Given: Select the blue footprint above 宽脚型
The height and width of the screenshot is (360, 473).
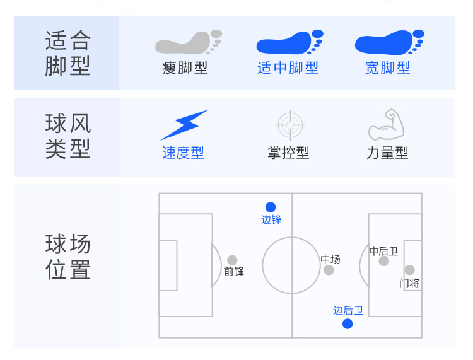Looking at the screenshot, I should tap(388, 43).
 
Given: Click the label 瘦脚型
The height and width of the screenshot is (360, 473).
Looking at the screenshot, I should tap(185, 67).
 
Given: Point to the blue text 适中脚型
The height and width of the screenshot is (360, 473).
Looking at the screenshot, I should tap(288, 67).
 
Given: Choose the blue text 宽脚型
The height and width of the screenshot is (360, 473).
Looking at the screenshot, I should tap(387, 67).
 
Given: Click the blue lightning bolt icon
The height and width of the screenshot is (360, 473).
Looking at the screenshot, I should tap(184, 125).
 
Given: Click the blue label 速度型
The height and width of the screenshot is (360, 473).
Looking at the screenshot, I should tap(183, 153).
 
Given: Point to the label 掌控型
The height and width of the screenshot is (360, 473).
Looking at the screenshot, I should tap(288, 153).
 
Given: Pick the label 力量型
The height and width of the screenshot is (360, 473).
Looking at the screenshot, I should tap(387, 153).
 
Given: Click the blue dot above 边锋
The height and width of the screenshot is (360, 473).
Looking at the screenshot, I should tap(271, 207).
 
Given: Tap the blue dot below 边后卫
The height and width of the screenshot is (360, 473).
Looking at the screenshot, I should tap(347, 324).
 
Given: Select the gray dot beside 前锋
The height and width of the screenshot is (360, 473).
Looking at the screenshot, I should tap(232, 260).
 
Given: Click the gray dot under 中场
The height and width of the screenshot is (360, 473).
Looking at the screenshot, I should tap(329, 270).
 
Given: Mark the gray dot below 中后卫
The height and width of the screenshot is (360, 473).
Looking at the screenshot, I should tap(383, 261).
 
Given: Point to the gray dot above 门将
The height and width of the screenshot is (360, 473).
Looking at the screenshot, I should tap(409, 270).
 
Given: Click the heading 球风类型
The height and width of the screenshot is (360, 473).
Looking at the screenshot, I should tap(67, 136).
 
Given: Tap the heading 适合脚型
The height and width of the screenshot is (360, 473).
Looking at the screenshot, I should tap(67, 54).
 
